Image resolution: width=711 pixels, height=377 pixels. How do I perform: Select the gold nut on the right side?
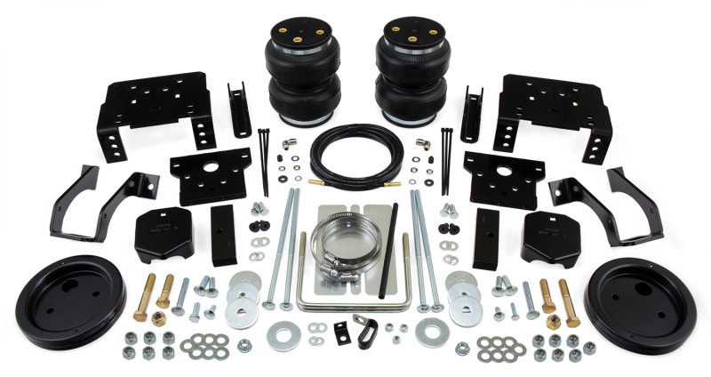552,318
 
